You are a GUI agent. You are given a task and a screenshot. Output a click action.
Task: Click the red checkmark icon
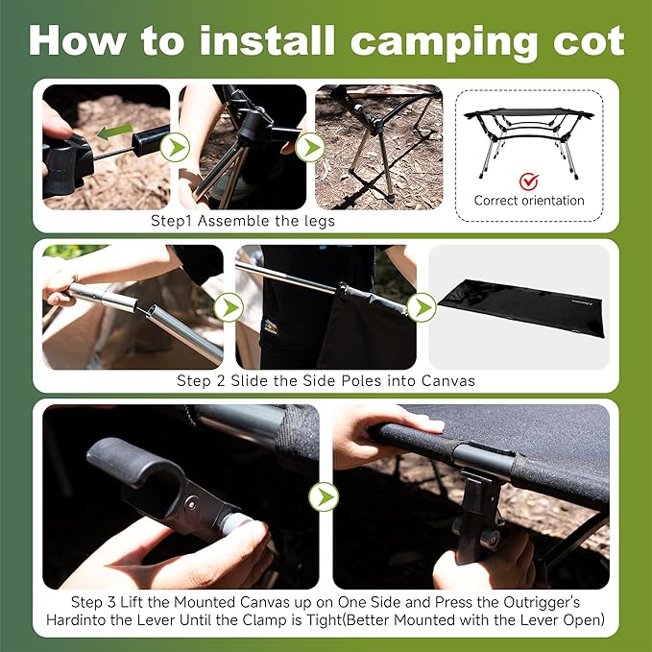point(528,181)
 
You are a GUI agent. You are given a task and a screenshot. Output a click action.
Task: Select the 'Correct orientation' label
point(528,201)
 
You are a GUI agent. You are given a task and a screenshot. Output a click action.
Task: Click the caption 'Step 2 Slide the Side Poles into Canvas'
point(326,380)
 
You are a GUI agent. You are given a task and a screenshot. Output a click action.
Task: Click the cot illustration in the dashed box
point(528,134)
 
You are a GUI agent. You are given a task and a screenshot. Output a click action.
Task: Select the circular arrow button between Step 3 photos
point(325,496)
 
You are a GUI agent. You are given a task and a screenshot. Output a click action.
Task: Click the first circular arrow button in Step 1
point(173,147)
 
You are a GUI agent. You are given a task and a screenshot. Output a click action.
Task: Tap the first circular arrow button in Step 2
point(228,307)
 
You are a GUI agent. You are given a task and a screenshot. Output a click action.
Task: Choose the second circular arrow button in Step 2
point(421,307)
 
